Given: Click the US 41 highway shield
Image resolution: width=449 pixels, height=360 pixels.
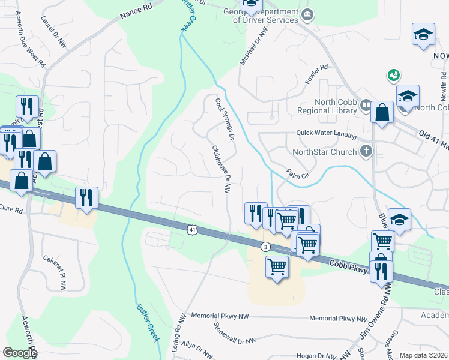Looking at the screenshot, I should (x=191, y=229).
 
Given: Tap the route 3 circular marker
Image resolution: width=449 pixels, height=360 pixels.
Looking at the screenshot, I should (x=265, y=247).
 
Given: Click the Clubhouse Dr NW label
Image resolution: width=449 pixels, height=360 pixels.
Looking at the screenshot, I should (x=220, y=169).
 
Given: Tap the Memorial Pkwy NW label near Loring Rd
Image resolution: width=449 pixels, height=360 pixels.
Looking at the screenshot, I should (x=219, y=315).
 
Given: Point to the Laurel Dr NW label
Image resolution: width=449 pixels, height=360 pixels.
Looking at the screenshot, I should (x=49, y=29).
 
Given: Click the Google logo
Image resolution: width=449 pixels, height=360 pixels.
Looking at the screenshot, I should (x=20, y=353).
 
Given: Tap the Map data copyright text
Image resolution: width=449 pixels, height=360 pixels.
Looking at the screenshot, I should (x=423, y=355).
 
